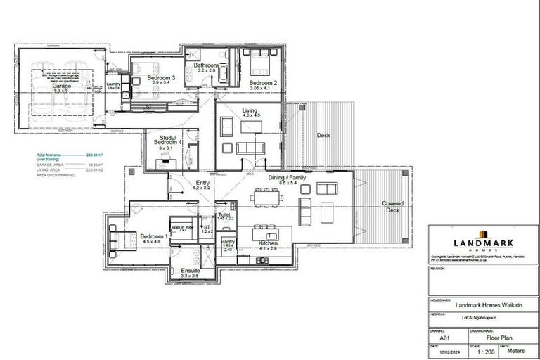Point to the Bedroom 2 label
264,83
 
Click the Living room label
250,110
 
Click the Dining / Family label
287,179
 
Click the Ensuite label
190,271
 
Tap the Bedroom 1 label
153,236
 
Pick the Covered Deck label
392,206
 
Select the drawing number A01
444,337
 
